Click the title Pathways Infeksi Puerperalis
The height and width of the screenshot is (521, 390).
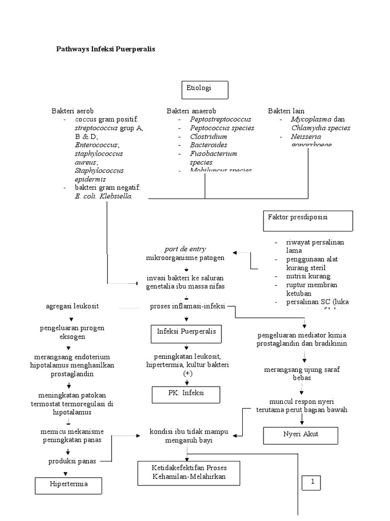105,49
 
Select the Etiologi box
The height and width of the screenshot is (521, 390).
205,90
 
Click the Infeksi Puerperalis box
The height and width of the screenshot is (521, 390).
186,334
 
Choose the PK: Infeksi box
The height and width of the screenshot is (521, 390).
186,394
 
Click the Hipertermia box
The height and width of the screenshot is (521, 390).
69,485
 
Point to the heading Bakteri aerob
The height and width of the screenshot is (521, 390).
73,111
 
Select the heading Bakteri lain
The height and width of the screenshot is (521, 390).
286,111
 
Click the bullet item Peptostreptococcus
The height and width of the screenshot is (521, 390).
220,119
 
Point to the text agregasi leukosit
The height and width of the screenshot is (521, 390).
72,306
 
